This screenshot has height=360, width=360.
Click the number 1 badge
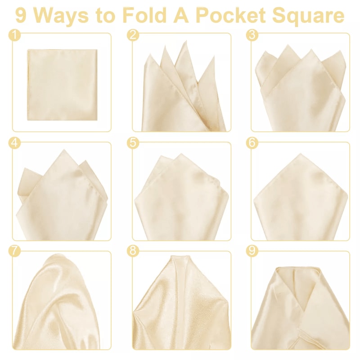pyautogui.click(x=15, y=35)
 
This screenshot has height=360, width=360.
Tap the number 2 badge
pyautogui.click(x=133, y=35)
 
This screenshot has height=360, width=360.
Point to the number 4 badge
pyautogui.click(x=15, y=143)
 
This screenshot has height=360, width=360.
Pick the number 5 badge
pyautogui.click(x=133, y=143)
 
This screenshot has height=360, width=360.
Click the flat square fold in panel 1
pyautogui.click(x=62, y=85)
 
